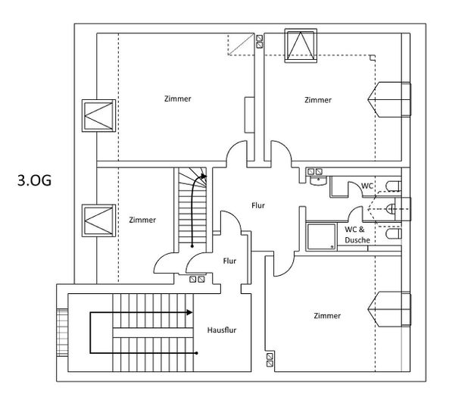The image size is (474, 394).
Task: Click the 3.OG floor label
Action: pyautogui.click(x=35, y=180)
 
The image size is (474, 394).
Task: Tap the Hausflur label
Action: pyautogui.click(x=222, y=330)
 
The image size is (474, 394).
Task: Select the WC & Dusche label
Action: pyautogui.click(x=357, y=235)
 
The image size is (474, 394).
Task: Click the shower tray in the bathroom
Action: pyautogui.click(x=321, y=237)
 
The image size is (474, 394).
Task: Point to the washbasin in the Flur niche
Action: pyautogui.click(x=318, y=180)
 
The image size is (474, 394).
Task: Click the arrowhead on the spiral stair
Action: pyautogui.click(x=204, y=176)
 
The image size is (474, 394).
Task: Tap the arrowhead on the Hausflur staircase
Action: pyautogui.click(x=189, y=312)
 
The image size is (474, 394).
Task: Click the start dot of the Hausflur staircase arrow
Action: pyautogui.click(x=197, y=353)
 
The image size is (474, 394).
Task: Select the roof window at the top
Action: pyautogui.click(x=301, y=45)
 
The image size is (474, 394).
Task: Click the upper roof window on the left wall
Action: pyautogui.click(x=99, y=116)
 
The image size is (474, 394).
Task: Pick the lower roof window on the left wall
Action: pyautogui.click(x=99, y=220)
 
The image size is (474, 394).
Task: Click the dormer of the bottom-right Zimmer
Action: pyautogui.click(x=389, y=309)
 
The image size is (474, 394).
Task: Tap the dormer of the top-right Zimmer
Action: pyautogui.click(x=389, y=99)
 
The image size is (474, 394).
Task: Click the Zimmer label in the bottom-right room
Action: pyautogui.click(x=327, y=316)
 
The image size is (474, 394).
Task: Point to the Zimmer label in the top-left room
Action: pyautogui.click(x=178, y=98)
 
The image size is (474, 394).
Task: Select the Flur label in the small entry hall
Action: pyautogui.click(x=229, y=261)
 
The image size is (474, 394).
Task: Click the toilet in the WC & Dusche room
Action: pyautogui.click(x=394, y=233)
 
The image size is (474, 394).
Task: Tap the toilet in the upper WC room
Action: pyautogui.click(x=394, y=186)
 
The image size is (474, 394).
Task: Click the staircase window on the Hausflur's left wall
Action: pyautogui.click(x=62, y=333)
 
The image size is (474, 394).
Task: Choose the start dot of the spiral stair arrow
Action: pyautogui.click(x=192, y=246)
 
